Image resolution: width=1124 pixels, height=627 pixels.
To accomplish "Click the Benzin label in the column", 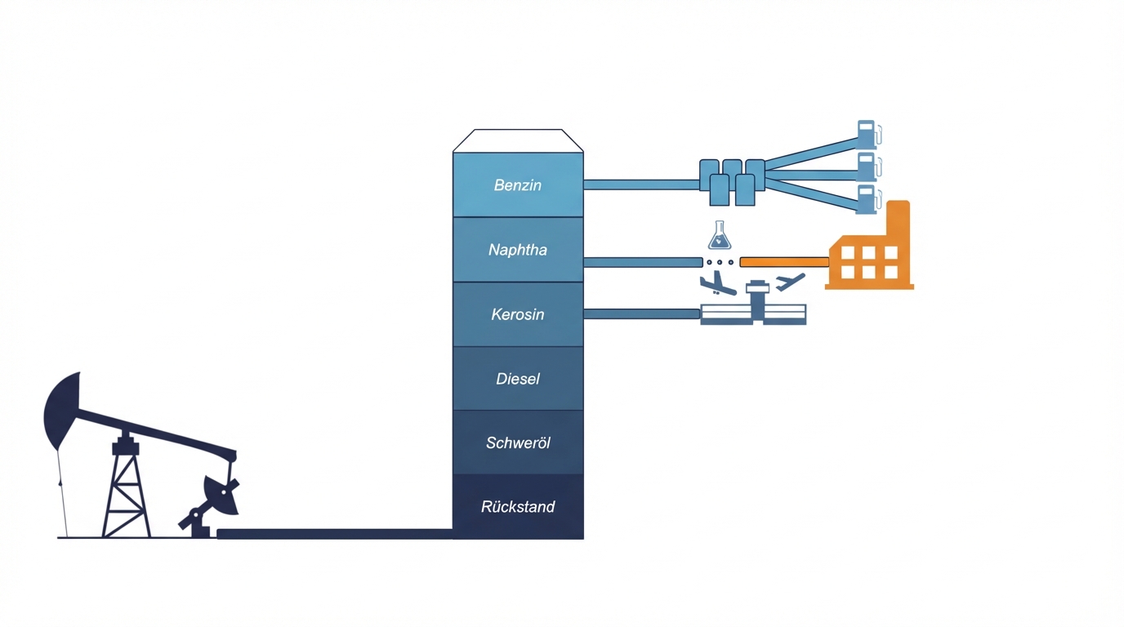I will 518,185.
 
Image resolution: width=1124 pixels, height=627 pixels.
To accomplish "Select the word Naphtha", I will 518,250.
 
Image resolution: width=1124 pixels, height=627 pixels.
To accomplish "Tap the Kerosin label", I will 518,314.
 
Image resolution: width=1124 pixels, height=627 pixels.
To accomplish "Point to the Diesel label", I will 518,379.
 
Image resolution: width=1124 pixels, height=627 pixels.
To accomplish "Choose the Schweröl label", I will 518,442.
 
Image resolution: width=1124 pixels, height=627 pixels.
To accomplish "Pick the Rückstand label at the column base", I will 518,507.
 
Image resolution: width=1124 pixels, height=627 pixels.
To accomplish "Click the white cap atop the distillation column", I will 518,140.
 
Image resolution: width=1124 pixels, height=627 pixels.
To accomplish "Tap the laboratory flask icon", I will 720,236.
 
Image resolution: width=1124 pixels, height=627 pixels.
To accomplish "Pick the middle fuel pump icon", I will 867,167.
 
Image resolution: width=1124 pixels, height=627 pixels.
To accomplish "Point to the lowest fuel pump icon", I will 867,199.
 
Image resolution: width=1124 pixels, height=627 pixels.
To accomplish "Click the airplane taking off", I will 790,282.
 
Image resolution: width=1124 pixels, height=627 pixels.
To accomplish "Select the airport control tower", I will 757,300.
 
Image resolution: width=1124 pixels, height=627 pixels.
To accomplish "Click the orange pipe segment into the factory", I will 784,262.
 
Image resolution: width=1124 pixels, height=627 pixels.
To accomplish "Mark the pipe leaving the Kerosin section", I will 641,313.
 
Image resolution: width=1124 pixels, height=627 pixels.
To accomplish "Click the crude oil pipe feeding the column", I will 335,534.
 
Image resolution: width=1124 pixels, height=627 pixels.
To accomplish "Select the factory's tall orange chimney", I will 898,220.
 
